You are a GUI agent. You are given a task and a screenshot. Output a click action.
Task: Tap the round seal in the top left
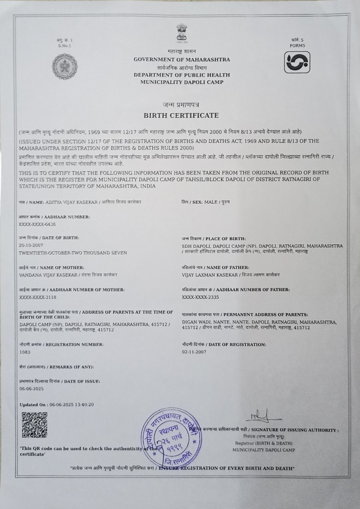[x=63, y=66]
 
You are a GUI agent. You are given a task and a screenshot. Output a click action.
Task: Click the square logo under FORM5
[x=297, y=63]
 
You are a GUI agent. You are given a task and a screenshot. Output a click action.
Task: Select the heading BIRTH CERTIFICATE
[x=181, y=115]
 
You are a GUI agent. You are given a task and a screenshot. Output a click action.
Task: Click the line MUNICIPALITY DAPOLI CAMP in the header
[x=182, y=82]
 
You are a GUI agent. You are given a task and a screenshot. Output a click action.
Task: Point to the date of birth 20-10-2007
[x=31, y=246]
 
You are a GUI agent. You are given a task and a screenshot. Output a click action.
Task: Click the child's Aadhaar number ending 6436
[x=37, y=225]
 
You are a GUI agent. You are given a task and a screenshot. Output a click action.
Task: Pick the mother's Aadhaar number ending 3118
[x=37, y=298]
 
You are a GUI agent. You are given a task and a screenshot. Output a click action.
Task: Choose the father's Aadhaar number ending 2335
[x=201, y=298]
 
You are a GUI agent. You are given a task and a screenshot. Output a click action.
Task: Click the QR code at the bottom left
[x=34, y=424]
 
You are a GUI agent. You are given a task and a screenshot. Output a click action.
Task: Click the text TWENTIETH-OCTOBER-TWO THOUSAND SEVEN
[x=73, y=253]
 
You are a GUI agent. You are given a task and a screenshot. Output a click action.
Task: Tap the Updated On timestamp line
[x=57, y=405]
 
